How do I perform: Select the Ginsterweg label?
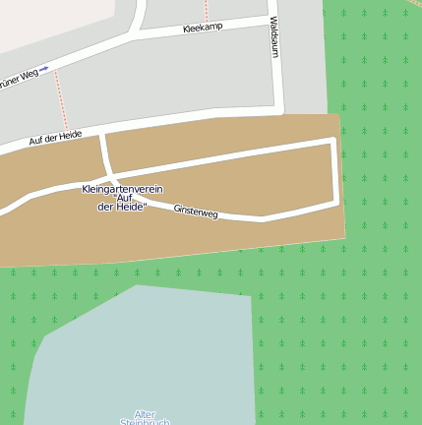195,211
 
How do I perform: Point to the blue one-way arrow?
43,69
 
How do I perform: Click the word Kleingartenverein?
122,188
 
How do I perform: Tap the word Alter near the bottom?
145,414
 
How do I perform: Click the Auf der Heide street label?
54,139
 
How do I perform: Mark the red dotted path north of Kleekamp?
206,9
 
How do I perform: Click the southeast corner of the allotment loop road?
337,202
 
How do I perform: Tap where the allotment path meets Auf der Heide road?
102,135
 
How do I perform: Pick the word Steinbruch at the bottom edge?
145,422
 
